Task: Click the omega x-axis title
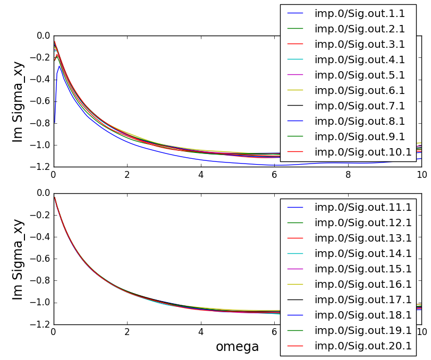[x=237, y=347]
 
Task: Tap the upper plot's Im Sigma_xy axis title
[x=19, y=101]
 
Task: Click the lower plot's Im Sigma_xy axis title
[x=19, y=259]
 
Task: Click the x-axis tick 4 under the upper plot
[x=201, y=174]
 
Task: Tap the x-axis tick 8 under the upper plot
[x=348, y=174]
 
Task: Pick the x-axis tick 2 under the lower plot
[x=127, y=332]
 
